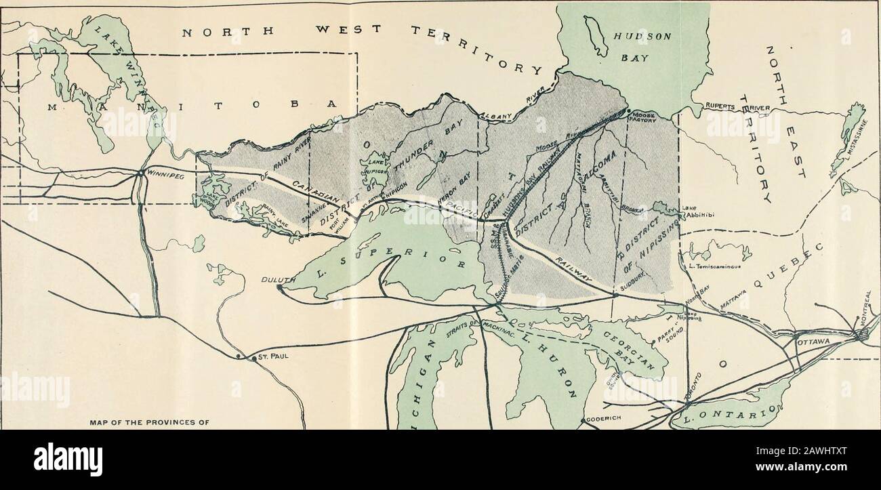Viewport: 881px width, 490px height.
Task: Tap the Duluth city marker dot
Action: tap(279, 287)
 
